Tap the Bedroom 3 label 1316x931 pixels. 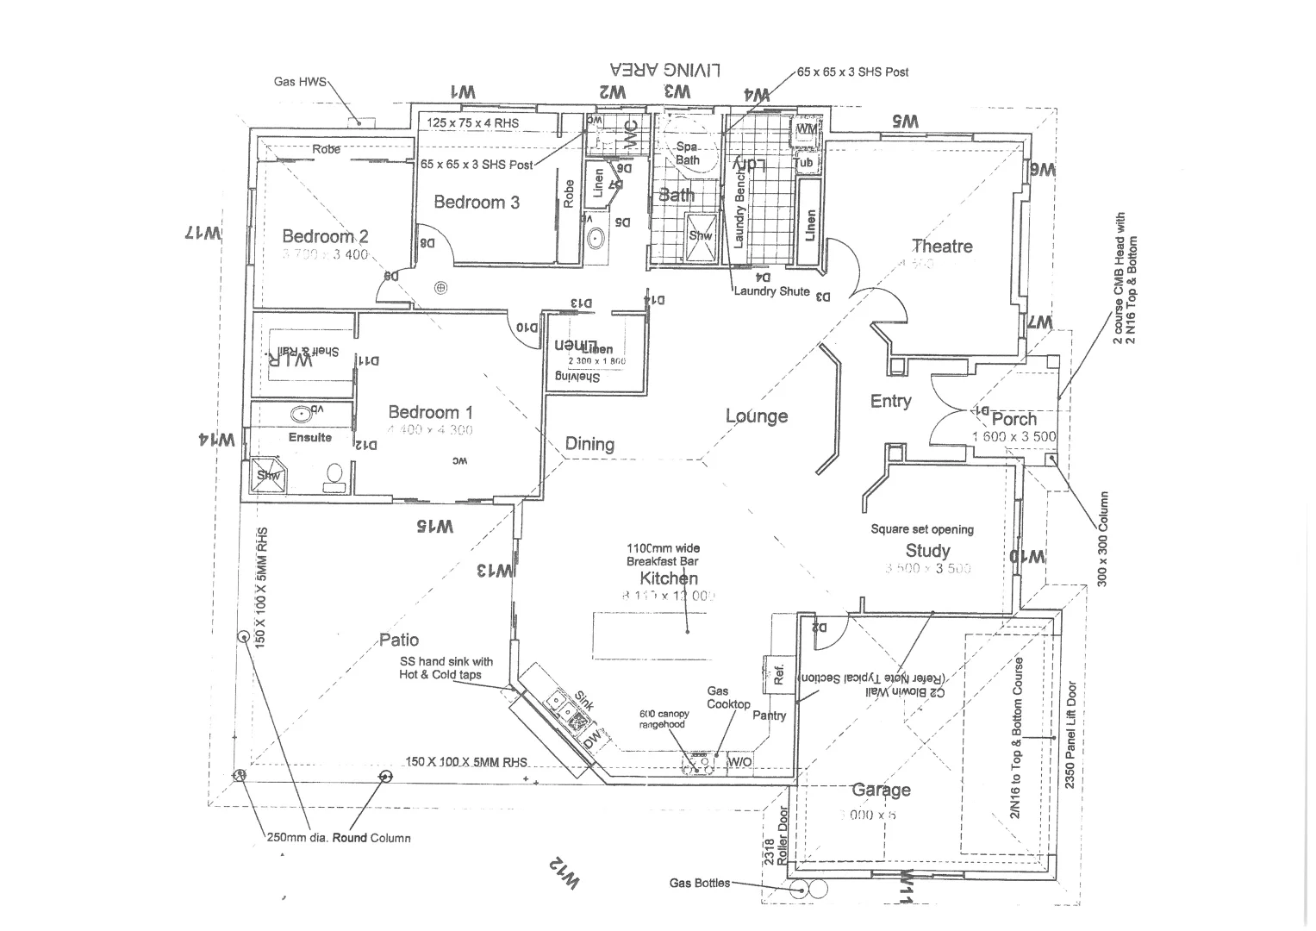pyautogui.click(x=477, y=203)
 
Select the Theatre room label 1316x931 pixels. pyautogui.click(x=942, y=247)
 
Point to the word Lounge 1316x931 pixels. pyautogui.click(x=757, y=416)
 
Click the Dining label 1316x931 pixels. pyautogui.click(x=589, y=444)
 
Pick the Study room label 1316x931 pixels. pyautogui.click(x=927, y=551)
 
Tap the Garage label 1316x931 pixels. pyautogui.click(x=880, y=790)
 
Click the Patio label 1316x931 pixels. pyautogui.click(x=399, y=640)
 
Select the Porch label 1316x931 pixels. pyautogui.click(x=1014, y=419)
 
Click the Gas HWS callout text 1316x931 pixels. pyautogui.click(x=300, y=82)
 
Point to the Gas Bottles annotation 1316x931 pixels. pyautogui.click(x=699, y=883)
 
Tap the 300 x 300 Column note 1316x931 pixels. pyautogui.click(x=1104, y=540)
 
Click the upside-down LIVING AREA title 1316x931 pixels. pyautogui.click(x=664, y=70)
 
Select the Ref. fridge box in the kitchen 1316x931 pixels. pyautogui.click(x=778, y=673)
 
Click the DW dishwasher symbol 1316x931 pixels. pyautogui.click(x=590, y=739)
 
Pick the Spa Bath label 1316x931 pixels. pyautogui.click(x=687, y=153)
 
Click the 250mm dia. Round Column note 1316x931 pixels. pyautogui.click(x=338, y=838)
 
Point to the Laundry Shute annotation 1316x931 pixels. pyautogui.click(x=771, y=291)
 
